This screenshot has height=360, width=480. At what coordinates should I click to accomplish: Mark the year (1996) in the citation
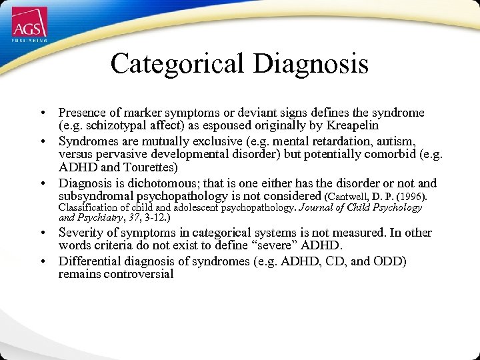(x=410, y=197)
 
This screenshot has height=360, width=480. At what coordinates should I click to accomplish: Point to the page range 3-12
(x=156, y=217)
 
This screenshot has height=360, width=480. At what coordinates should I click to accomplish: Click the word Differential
(x=91, y=261)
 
